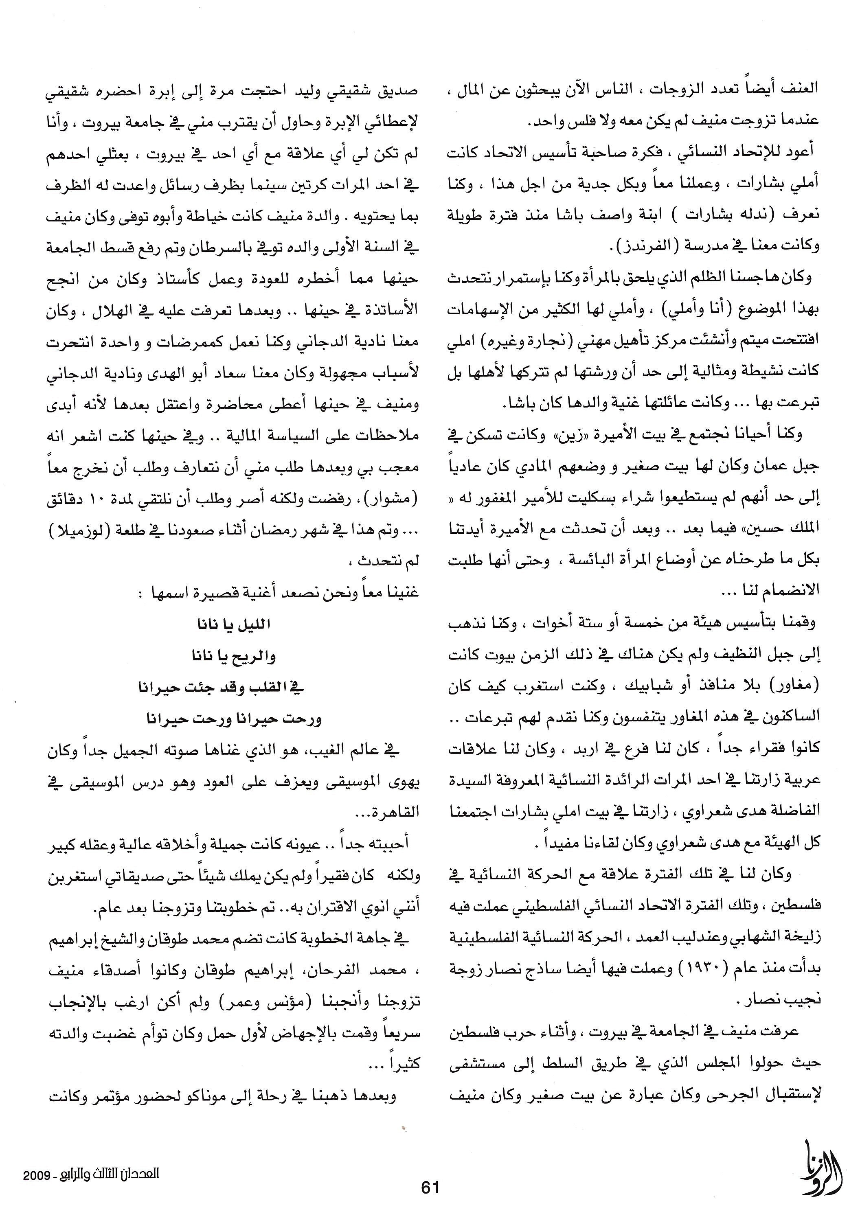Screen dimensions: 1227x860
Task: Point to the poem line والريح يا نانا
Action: (x=234, y=656)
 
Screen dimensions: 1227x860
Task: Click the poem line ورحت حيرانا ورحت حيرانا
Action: (x=234, y=719)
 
